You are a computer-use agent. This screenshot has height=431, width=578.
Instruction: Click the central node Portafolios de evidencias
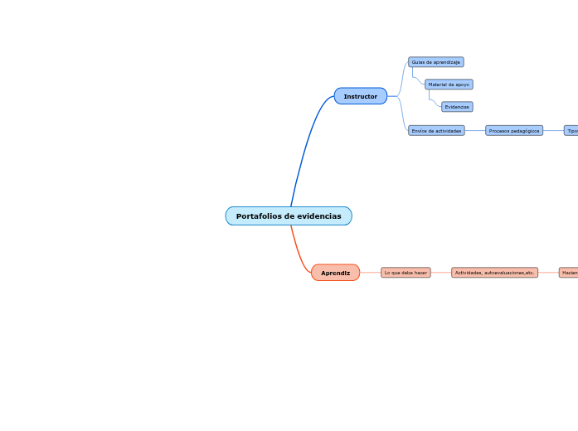288,216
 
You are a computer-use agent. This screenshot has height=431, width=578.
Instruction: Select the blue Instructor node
360,97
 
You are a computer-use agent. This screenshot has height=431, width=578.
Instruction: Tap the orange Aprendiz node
335,273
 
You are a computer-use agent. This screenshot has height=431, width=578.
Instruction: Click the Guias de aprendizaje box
435,62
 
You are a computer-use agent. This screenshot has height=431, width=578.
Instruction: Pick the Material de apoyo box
449,85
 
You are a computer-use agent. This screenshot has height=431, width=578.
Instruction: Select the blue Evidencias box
457,107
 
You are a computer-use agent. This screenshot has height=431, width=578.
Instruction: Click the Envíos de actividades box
436,131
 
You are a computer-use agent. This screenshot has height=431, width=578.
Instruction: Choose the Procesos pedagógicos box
514,131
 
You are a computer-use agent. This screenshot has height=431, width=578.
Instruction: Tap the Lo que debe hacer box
406,273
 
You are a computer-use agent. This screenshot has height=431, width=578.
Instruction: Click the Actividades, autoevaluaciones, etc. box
494,273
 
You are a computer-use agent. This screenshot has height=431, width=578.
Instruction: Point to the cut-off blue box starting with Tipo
571,131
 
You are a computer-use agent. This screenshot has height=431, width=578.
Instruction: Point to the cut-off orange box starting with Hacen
569,273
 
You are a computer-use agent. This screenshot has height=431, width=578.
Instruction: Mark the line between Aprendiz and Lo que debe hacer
370,273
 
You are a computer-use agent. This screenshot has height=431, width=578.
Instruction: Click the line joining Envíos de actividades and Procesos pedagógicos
475,131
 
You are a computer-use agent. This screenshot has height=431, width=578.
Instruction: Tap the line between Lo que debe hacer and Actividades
441,273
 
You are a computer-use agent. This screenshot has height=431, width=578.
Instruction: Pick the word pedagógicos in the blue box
525,131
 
